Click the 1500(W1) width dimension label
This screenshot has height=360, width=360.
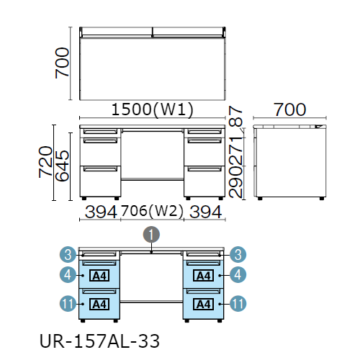point(153,110)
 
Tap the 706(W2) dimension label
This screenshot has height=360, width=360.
point(152,211)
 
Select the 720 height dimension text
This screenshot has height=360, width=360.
point(45,162)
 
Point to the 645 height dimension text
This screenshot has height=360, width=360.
point(62,166)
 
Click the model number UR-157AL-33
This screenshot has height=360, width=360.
point(99,341)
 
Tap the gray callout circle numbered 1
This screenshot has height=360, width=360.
point(151,235)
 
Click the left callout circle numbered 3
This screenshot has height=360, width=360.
point(68,254)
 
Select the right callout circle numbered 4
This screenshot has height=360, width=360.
point(238,274)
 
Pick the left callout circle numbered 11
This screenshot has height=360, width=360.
point(68,304)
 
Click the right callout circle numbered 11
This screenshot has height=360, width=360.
point(238,304)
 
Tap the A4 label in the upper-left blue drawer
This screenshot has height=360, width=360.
point(99,276)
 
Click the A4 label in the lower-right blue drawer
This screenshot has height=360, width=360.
point(203,305)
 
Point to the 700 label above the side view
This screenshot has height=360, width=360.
point(290,110)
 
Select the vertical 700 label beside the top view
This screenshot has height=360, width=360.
point(62,63)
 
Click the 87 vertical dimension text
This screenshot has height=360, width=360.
point(235,117)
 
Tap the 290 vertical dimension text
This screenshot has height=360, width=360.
point(235,181)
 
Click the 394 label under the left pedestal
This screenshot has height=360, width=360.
point(101,212)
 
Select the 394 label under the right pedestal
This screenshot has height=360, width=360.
point(206,212)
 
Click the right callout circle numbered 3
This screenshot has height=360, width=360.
point(238,254)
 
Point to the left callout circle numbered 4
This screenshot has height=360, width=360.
point(68,274)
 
